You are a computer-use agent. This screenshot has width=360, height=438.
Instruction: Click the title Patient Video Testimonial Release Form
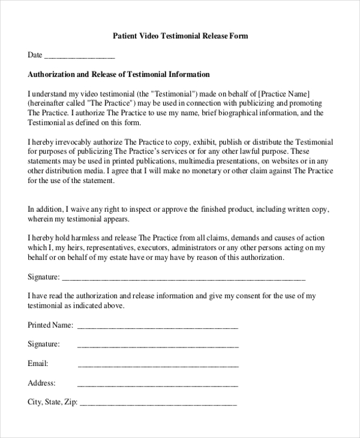point(181,36)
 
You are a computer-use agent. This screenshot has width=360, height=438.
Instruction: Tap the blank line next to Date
point(79,56)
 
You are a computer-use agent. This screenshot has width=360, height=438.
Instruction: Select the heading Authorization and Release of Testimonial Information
point(119,75)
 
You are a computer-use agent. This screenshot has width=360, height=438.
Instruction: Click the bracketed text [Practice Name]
point(284,94)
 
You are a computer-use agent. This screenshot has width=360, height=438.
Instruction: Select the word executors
point(149,247)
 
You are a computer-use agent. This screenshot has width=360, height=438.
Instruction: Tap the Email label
point(38,364)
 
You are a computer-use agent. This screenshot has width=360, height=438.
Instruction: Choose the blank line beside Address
point(158,383)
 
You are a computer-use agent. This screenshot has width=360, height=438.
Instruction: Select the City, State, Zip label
point(52,402)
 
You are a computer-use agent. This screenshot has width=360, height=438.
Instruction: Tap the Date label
point(35,55)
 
